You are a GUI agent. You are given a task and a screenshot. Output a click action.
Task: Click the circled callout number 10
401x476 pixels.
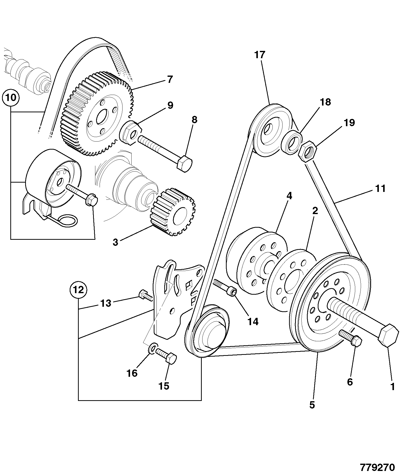[x=11, y=97]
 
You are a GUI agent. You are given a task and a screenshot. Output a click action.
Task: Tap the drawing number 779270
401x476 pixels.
[x=378, y=467]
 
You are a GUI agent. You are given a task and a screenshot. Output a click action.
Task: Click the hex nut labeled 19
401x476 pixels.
[x=307, y=151]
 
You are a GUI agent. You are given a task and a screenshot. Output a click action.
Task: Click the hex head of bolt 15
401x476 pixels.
[x=171, y=359]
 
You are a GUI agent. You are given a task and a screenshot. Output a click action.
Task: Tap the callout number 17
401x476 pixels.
[x=260, y=55]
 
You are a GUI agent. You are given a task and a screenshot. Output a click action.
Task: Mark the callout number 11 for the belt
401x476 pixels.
[x=380, y=188]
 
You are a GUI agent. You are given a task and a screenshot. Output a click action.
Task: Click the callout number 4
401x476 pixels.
[x=289, y=196]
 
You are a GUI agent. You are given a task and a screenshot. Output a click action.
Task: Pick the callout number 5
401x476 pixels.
[x=312, y=405]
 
